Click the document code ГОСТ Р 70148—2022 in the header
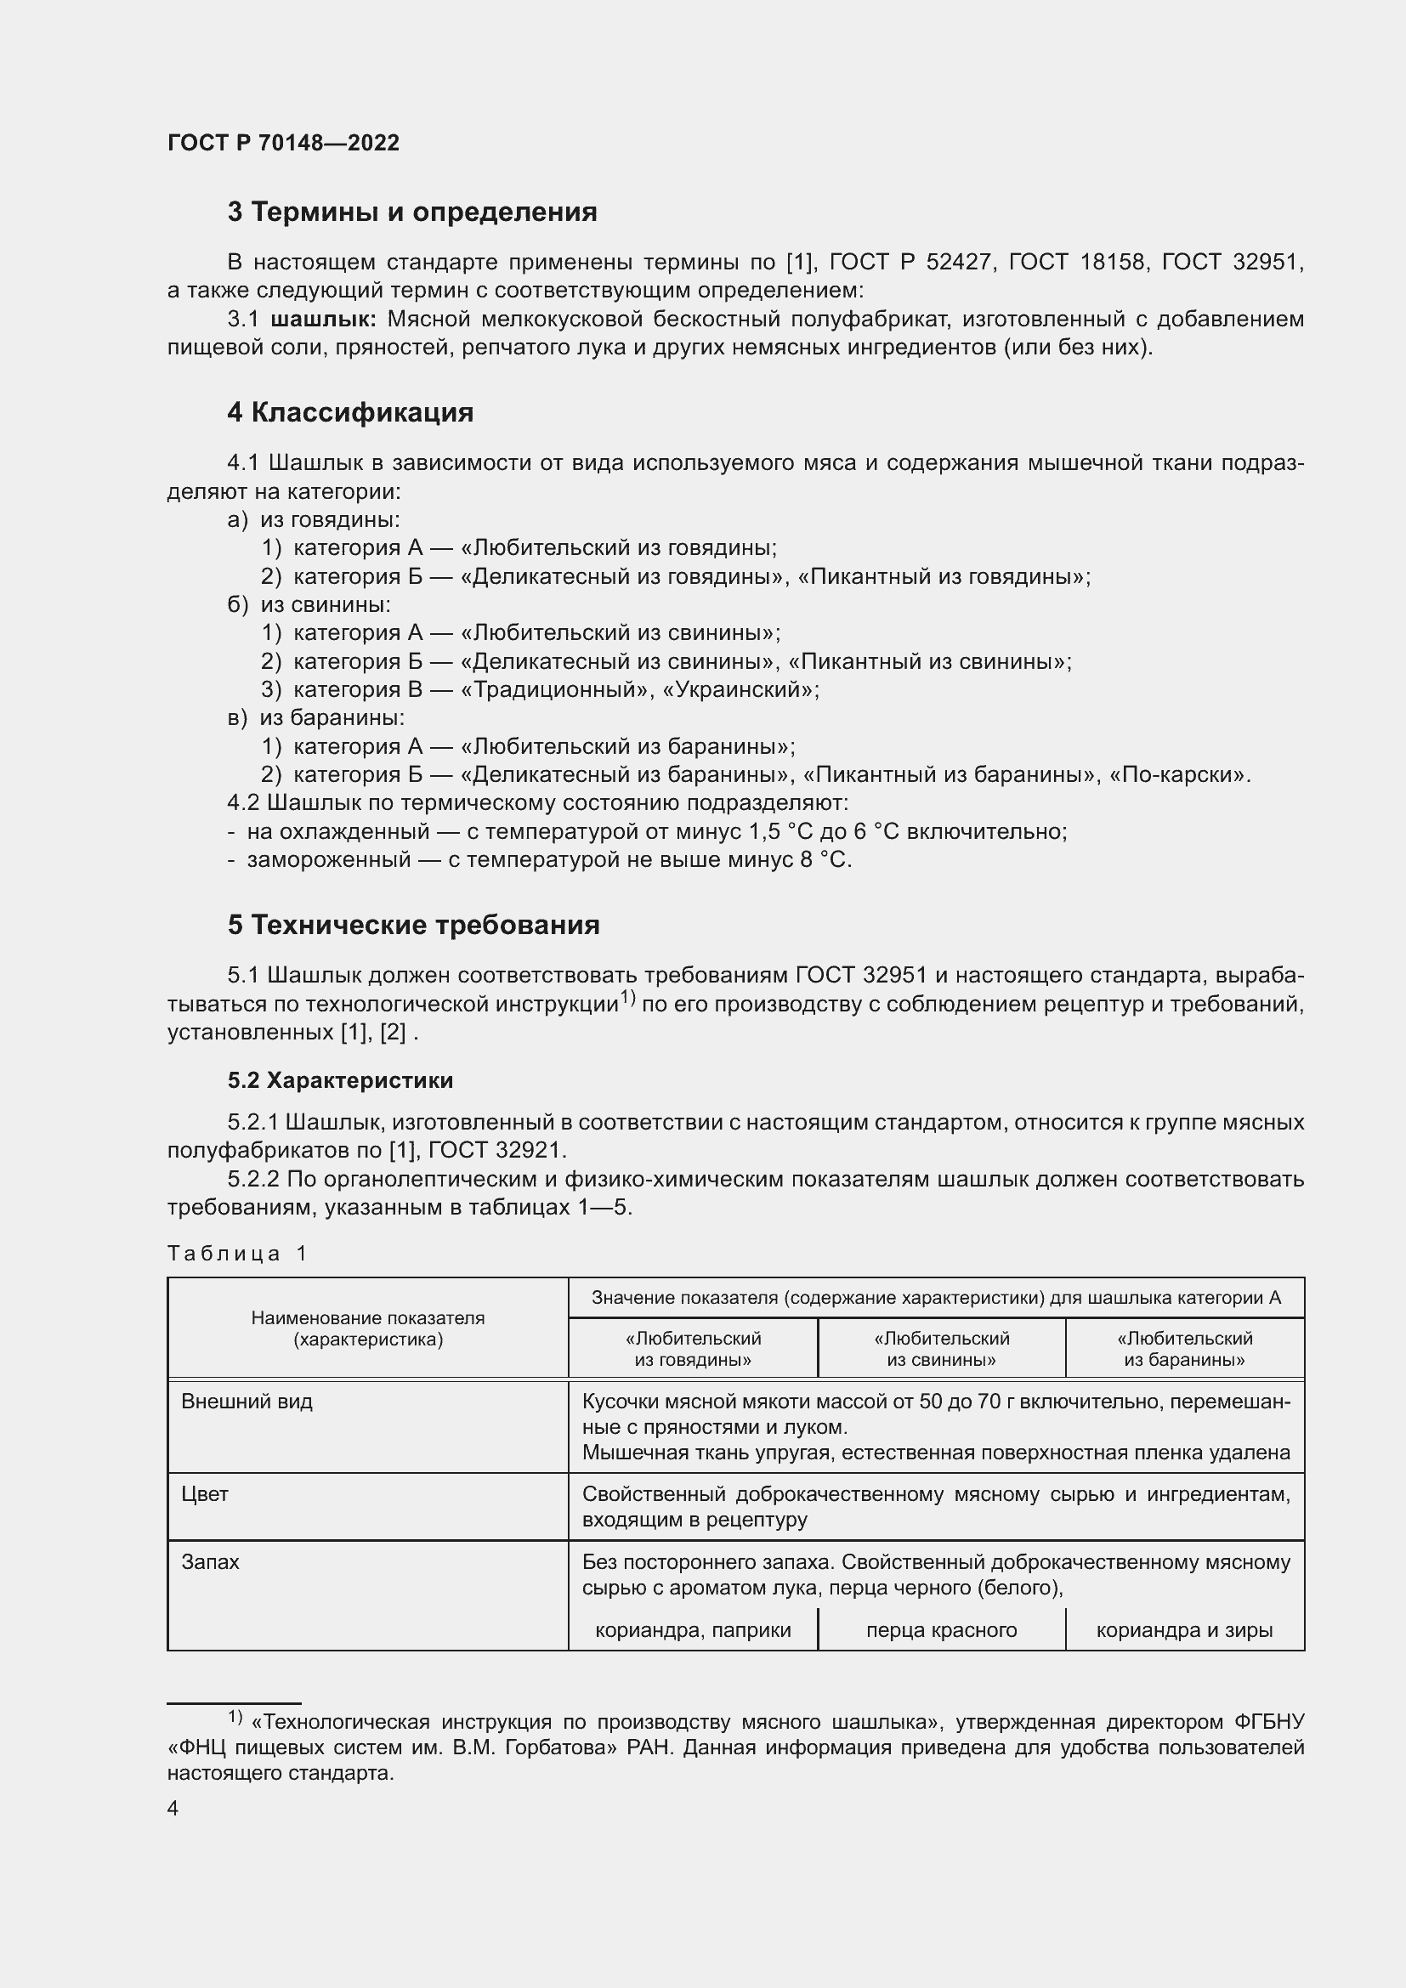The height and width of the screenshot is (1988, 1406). tap(283, 143)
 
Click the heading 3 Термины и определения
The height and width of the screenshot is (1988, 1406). tap(412, 212)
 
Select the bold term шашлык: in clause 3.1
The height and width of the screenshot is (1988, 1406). tap(323, 320)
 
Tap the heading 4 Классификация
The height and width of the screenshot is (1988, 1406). tap(349, 412)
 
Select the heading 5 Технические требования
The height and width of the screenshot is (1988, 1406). tap(413, 925)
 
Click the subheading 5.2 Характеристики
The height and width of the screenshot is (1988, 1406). tap(340, 1080)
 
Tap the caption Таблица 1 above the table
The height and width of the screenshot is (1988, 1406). tap(237, 1253)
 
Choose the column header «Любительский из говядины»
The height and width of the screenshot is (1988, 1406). tap(693, 1349)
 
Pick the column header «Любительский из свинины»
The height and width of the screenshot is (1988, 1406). tap(941, 1349)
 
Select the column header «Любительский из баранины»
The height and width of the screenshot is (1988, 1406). tap(1184, 1349)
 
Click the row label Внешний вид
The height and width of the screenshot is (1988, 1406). tap(247, 1402)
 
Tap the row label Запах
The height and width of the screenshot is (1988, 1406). tap(210, 1562)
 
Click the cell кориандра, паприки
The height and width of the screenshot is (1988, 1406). tap(693, 1630)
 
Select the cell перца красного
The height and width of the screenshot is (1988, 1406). tap(941, 1630)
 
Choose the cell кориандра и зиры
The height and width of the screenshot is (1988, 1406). tap(1184, 1630)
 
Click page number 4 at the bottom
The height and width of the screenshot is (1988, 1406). tap(173, 1809)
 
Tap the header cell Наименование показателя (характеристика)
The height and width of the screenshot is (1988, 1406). tap(368, 1329)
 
